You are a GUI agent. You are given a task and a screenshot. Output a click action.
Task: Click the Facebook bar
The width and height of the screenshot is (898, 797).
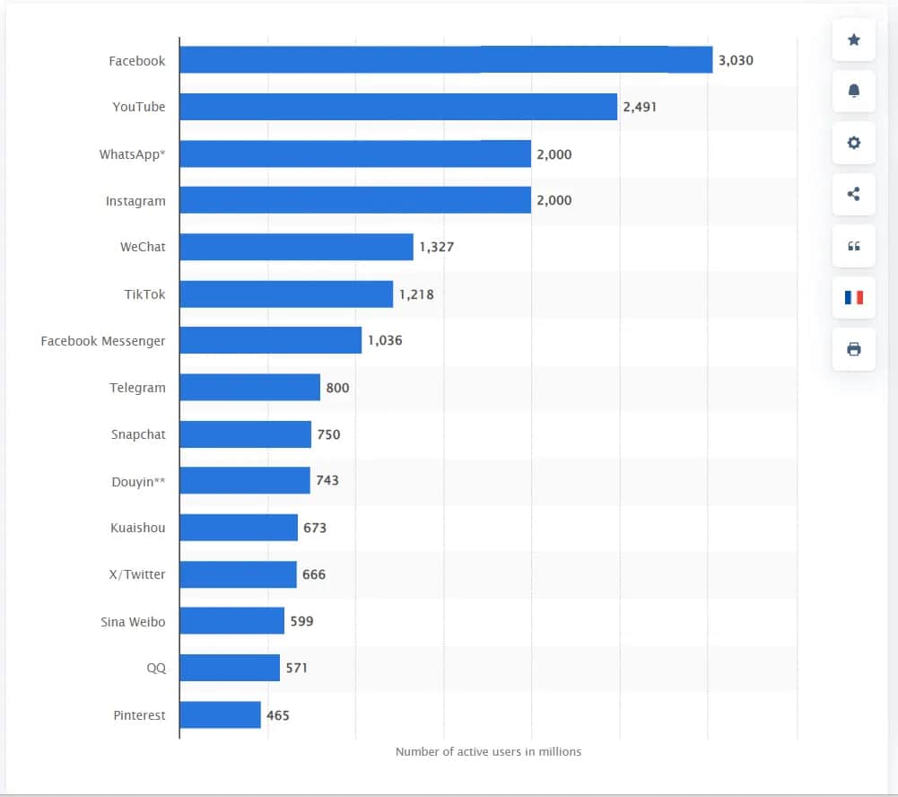click(446, 60)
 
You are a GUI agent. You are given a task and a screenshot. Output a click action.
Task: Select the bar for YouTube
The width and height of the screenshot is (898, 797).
click(398, 107)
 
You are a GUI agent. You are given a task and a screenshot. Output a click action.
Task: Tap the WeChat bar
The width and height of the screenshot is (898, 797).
click(296, 247)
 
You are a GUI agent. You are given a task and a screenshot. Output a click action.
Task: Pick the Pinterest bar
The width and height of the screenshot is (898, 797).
click(220, 715)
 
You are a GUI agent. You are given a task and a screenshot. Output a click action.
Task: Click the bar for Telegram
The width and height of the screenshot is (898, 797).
click(249, 388)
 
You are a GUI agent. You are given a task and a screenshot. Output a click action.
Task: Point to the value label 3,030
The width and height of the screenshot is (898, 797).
click(736, 61)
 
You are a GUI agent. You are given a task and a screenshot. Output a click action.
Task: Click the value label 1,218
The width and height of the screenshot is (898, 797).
click(416, 294)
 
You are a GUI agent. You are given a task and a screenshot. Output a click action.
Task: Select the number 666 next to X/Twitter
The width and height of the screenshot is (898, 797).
click(314, 574)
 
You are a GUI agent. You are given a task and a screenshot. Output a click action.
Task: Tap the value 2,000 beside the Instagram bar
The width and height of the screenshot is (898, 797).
click(554, 201)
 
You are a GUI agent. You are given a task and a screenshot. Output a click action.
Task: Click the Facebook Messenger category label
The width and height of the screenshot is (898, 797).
click(103, 341)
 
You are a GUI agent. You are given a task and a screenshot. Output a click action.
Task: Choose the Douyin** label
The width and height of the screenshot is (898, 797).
click(138, 481)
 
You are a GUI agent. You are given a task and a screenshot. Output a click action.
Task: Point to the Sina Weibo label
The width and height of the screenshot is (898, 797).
click(133, 621)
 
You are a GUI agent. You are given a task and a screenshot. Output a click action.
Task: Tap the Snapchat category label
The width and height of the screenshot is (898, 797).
click(138, 434)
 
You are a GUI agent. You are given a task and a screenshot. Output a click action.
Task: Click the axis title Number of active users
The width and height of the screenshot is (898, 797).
click(488, 752)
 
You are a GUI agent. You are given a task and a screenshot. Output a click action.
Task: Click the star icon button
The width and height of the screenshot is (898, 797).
click(854, 39)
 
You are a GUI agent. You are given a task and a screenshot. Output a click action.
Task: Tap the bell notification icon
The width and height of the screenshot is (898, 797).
click(854, 91)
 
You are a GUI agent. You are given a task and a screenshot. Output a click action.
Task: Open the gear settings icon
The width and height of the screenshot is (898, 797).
click(854, 142)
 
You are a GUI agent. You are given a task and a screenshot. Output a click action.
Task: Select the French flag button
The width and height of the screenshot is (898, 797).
click(854, 297)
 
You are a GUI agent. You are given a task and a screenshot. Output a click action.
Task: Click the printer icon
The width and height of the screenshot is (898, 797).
click(854, 349)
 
